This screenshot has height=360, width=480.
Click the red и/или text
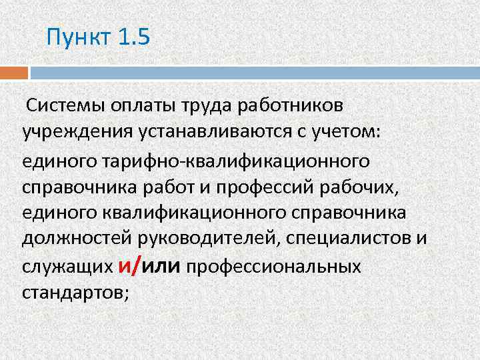pyautogui.click(x=149, y=267)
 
